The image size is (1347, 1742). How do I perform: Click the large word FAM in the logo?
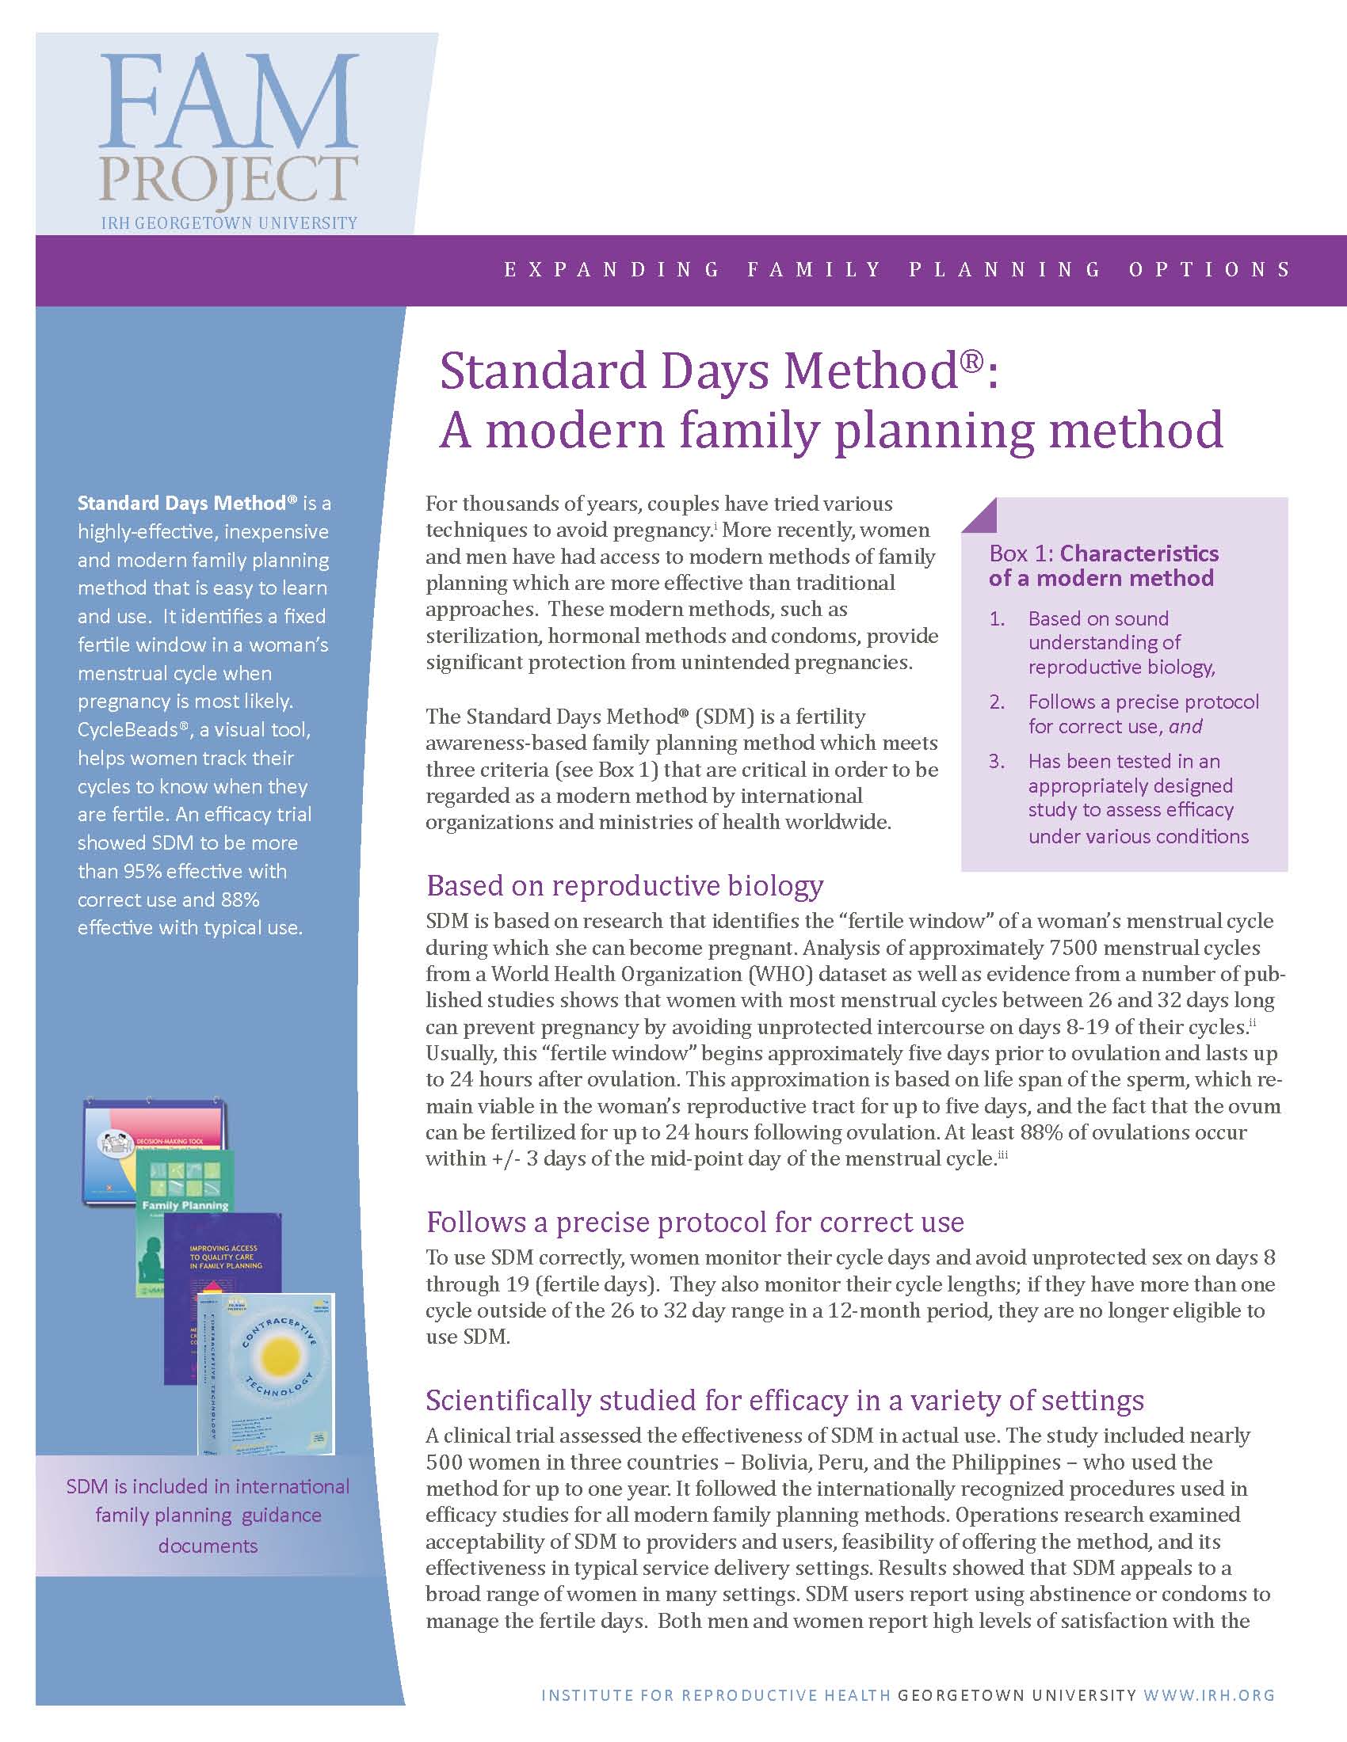[228, 101]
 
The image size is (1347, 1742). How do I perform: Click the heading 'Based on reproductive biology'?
[625, 885]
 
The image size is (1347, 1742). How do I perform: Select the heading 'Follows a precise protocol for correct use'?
[694, 1222]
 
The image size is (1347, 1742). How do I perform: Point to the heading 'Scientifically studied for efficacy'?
[784, 1400]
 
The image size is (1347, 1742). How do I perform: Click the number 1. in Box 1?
[998, 619]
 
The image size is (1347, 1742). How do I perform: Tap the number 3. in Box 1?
[998, 762]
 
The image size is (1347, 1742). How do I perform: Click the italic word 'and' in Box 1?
[1186, 727]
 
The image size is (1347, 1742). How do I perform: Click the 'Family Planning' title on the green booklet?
[185, 1205]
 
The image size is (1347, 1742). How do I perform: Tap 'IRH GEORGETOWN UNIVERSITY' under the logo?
[229, 223]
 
